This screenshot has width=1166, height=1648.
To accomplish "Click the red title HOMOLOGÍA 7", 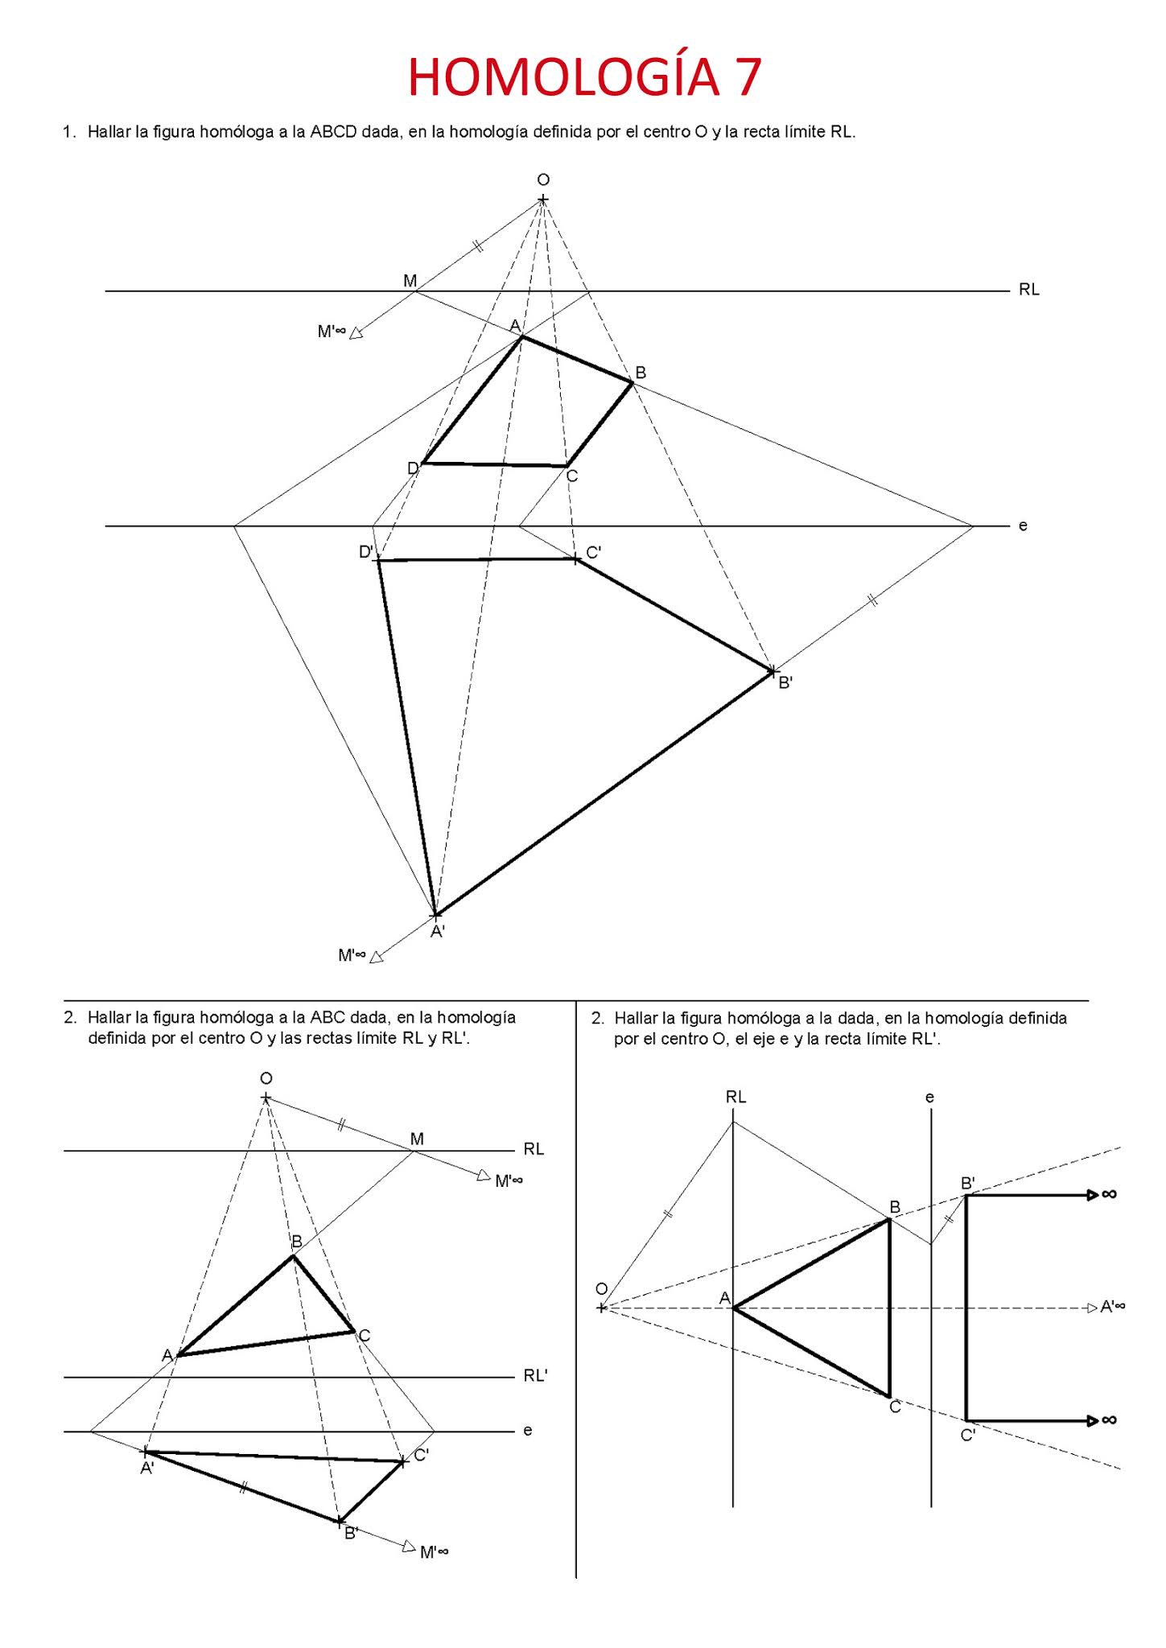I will [584, 77].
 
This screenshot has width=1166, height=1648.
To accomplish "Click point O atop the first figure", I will [543, 199].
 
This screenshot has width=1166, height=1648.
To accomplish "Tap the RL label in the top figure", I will [1028, 290].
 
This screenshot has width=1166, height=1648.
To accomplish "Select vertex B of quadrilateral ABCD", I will [632, 383].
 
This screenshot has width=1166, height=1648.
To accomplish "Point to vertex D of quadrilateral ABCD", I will [423, 463].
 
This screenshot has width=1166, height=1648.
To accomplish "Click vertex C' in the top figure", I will [576, 558].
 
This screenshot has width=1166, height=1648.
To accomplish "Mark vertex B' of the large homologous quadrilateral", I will [772, 670].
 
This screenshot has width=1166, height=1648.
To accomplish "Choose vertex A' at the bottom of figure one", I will [435, 915].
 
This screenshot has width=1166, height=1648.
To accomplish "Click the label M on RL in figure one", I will [410, 281].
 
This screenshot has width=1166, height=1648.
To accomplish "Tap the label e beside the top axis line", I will [1023, 525].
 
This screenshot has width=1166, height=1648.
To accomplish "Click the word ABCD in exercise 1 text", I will [333, 132].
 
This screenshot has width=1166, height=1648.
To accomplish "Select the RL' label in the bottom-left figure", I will [535, 1375].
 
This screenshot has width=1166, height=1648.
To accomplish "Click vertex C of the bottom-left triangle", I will [353, 1332].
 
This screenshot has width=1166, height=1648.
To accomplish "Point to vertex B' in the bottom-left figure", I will [340, 1521].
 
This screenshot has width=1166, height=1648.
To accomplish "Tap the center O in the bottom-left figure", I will [266, 1098].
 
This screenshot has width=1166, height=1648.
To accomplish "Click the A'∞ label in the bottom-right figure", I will [1112, 1307].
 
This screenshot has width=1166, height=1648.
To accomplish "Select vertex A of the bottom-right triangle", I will [733, 1308].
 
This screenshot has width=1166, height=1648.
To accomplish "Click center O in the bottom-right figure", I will [602, 1308].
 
